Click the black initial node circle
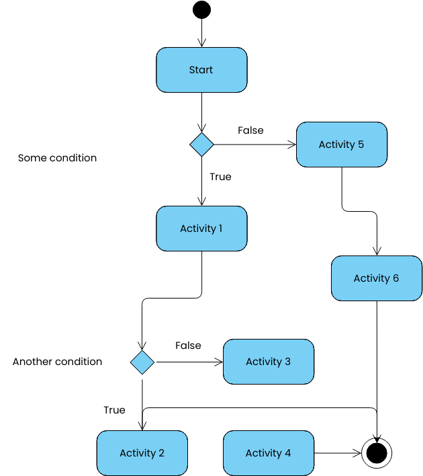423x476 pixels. click(x=201, y=10)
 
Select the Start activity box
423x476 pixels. click(x=201, y=70)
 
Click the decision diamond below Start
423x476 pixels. click(x=201, y=145)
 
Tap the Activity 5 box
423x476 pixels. click(x=342, y=145)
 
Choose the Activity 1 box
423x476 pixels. click(x=201, y=229)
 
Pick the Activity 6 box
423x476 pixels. click(x=377, y=278)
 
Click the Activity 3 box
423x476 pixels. click(x=268, y=362)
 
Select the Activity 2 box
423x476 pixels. click(x=142, y=453)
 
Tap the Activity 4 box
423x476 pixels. click(x=268, y=453)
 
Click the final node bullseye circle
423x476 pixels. click(x=376, y=453)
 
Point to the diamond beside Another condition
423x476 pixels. click(x=142, y=362)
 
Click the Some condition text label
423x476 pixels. click(x=57, y=158)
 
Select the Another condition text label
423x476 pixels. click(x=57, y=362)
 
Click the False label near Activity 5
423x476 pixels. click(x=250, y=130)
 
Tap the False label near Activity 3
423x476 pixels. click(x=188, y=346)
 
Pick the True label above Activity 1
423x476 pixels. click(x=220, y=177)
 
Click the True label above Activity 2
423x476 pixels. click(x=114, y=410)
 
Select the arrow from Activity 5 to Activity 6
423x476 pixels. click(x=359, y=211)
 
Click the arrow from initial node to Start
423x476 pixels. click(x=201, y=34)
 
